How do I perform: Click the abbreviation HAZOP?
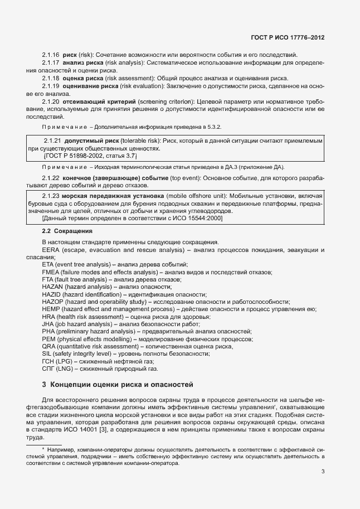point(52,301)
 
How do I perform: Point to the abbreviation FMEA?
point(51,272)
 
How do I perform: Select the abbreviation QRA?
point(48,346)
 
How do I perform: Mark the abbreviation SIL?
point(47,353)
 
